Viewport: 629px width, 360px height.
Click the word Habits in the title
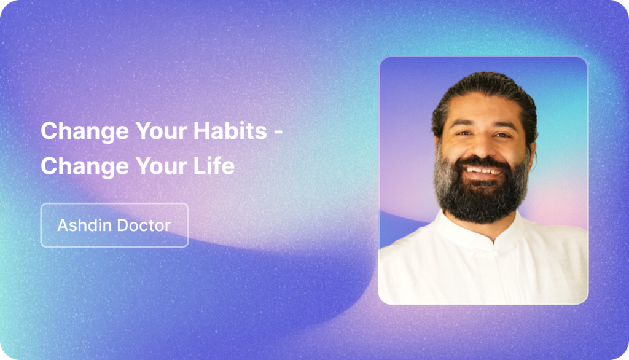click(230, 131)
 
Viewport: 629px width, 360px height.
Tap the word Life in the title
click(214, 166)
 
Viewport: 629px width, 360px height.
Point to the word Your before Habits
click(161, 131)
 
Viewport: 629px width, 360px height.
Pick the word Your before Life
click(161, 166)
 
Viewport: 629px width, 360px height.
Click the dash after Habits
click(278, 133)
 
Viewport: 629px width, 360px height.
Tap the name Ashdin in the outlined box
click(84, 225)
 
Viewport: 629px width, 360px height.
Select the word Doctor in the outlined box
click(144, 225)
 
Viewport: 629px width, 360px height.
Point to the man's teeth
click(484, 171)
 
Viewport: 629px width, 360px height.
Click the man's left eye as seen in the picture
click(463, 133)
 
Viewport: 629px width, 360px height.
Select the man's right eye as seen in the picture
click(502, 135)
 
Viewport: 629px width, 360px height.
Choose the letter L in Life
click(200, 166)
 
